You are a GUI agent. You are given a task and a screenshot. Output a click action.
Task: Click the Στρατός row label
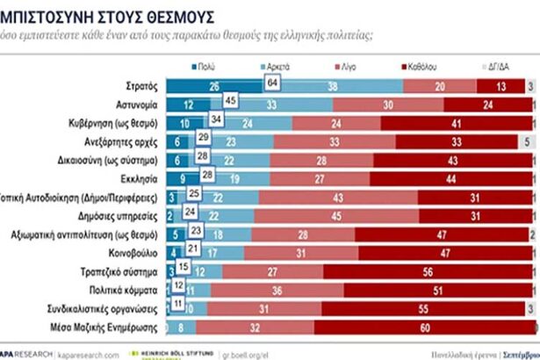(x=141, y=86)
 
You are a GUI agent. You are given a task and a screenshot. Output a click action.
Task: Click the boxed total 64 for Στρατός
(x=273, y=83)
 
